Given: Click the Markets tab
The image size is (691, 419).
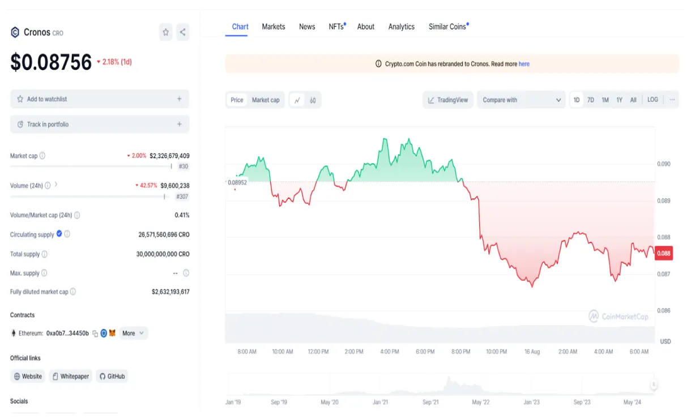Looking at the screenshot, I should (273, 27).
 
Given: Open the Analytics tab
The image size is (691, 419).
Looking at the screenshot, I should (401, 27).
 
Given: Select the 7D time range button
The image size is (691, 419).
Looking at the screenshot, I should (590, 100).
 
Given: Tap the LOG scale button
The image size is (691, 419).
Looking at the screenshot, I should (652, 100).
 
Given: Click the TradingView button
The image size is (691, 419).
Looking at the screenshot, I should (448, 100).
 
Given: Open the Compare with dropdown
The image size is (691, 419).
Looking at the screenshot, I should (521, 100).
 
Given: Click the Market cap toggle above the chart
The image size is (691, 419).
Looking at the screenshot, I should (266, 100).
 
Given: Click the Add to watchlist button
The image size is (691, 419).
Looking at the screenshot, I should (100, 99).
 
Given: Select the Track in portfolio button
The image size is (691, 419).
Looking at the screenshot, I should (100, 124).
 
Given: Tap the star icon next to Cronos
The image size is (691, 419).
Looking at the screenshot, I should (165, 32).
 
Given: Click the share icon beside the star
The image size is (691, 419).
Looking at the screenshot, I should (182, 32).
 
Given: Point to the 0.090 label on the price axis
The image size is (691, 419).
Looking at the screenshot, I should (663, 164).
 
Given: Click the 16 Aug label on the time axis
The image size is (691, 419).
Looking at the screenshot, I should (532, 352).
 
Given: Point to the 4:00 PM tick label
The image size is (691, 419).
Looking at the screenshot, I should (389, 352).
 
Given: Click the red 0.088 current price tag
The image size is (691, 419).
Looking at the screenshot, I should (663, 253).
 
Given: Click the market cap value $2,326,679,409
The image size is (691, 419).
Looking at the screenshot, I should (169, 156).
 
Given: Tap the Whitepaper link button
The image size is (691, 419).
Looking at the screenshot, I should (70, 376).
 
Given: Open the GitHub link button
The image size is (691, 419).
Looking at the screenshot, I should (112, 376).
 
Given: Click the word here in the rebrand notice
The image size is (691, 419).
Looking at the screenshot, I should (524, 64).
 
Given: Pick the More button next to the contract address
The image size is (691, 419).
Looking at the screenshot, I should (133, 333).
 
